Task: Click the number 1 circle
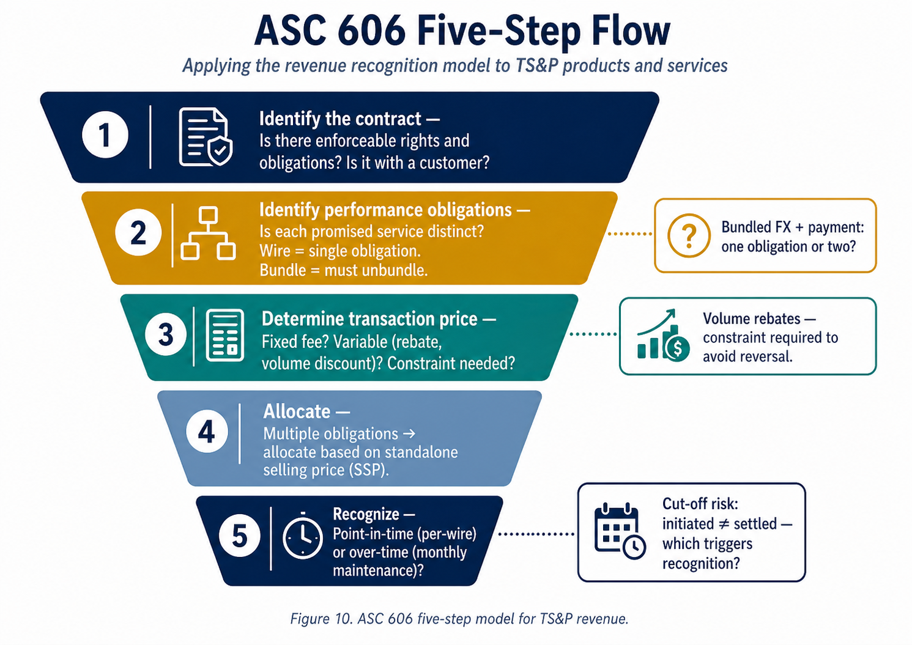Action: pos(105,135)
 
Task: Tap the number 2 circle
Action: pos(138,233)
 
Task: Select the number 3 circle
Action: pos(166,334)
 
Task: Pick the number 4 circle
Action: pos(207,432)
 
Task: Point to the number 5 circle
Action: pos(240,536)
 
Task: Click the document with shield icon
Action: pos(206,136)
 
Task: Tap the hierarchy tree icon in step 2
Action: pos(208,233)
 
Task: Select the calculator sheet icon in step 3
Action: pos(225,335)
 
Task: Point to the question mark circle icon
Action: pos(689,235)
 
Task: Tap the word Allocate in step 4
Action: pos(297,411)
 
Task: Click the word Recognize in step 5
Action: pos(366,514)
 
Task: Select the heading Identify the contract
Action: pos(340,119)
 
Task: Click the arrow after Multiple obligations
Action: pos(409,433)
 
